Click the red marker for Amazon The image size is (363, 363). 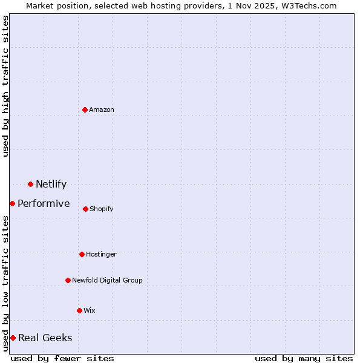(85, 110)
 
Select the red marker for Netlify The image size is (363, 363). (30, 184)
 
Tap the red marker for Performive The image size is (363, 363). (12, 203)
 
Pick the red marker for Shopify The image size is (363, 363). (85, 209)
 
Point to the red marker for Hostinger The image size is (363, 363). (82, 254)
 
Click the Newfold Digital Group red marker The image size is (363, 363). (68, 280)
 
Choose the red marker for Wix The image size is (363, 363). (79, 310)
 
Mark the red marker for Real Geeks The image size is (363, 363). (13, 338)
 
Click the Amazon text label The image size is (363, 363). (102, 110)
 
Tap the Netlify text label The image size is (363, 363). (51, 184)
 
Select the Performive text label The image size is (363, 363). (44, 203)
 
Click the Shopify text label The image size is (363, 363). (102, 209)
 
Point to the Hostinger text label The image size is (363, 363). (101, 254)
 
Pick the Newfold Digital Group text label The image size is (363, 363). (107, 280)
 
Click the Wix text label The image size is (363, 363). (90, 310)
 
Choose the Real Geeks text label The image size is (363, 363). (45, 338)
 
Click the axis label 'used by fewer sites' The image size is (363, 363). (62, 358)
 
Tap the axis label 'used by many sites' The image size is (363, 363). (304, 358)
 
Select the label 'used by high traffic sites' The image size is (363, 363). (5, 86)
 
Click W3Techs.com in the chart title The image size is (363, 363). (308, 5)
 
